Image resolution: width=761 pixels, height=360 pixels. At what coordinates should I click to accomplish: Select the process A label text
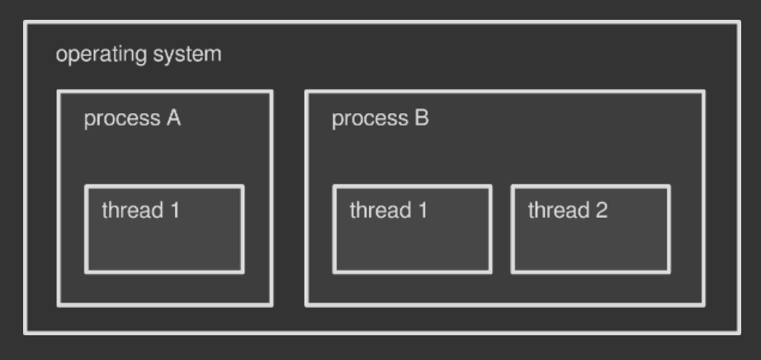[x=132, y=118]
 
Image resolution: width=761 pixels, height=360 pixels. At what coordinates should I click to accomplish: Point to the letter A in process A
[x=173, y=118]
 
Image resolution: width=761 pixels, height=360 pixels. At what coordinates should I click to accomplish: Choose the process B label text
[x=380, y=118]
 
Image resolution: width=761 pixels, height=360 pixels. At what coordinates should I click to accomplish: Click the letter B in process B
[x=422, y=118]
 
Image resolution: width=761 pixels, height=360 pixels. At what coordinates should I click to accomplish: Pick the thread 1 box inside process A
[x=164, y=230]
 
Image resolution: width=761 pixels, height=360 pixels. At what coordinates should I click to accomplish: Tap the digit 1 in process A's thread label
[x=174, y=210]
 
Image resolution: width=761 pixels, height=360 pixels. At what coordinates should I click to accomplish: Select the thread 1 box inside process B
[x=412, y=230]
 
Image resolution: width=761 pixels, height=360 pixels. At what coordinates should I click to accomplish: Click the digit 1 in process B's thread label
[x=422, y=210]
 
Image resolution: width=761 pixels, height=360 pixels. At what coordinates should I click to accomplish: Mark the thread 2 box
[x=590, y=230]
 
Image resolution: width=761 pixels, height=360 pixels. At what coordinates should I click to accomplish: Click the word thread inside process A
[x=132, y=210]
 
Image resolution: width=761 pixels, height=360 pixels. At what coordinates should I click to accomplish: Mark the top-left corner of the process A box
[x=58, y=92]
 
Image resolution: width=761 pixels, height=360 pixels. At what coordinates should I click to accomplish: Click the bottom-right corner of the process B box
[x=703, y=306]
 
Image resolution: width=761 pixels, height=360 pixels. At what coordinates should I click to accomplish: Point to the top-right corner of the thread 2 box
[x=669, y=187]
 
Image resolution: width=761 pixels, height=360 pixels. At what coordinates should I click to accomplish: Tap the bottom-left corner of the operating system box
[x=26, y=333]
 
